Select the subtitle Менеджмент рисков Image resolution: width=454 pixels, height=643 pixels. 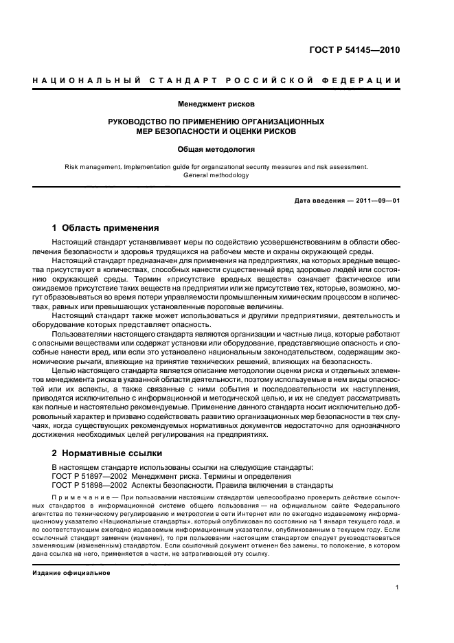216,104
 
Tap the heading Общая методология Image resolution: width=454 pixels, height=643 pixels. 216,148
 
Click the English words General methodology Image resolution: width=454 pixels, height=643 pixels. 216,175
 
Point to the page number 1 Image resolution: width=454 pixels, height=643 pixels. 398,587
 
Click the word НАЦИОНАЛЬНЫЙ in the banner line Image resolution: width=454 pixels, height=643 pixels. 82,81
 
